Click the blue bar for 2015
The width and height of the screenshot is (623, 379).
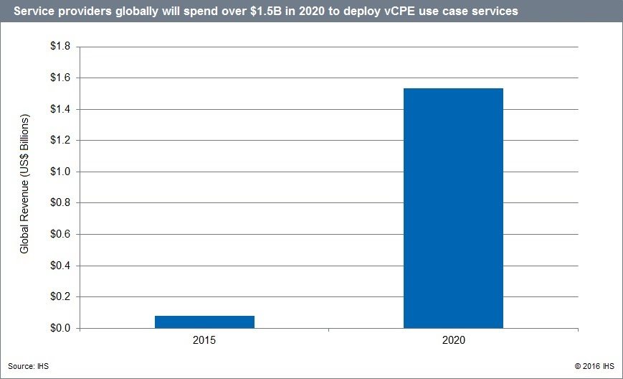click(x=204, y=322)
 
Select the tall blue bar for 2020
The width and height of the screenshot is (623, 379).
click(x=453, y=208)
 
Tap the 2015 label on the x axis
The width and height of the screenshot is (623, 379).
click(x=204, y=340)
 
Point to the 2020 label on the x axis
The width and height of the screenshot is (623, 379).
click(x=453, y=340)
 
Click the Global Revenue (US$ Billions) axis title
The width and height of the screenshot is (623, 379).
click(x=24, y=183)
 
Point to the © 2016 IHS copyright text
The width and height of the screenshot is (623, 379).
click(x=594, y=366)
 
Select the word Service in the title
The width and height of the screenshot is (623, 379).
click(x=34, y=11)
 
